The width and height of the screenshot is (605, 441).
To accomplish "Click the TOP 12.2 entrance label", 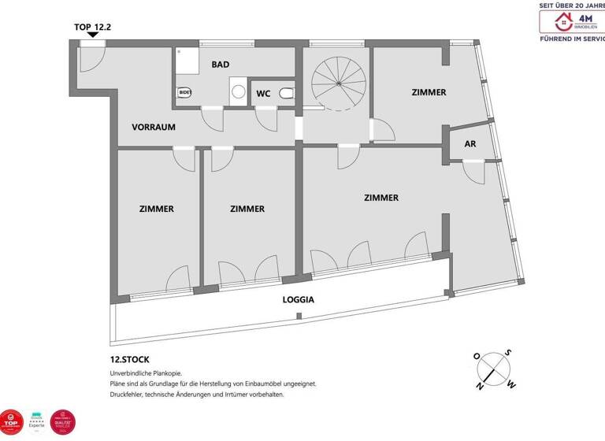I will [x=93, y=26].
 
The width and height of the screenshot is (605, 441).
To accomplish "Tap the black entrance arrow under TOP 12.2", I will [x=93, y=35].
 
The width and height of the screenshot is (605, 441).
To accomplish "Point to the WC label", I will [x=263, y=94].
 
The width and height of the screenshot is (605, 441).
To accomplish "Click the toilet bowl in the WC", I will [x=287, y=94].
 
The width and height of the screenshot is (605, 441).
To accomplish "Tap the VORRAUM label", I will [x=153, y=127].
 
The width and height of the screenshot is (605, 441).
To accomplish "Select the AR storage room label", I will [x=470, y=144].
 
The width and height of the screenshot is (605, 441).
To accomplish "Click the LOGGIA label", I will [x=299, y=299].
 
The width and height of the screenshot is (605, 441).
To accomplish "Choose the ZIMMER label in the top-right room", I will [x=429, y=92].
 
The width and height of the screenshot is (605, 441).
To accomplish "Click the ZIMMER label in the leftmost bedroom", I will [x=156, y=209].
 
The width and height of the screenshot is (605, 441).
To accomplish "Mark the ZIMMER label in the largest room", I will [x=380, y=198].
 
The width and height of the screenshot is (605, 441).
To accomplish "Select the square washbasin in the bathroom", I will [x=239, y=88].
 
